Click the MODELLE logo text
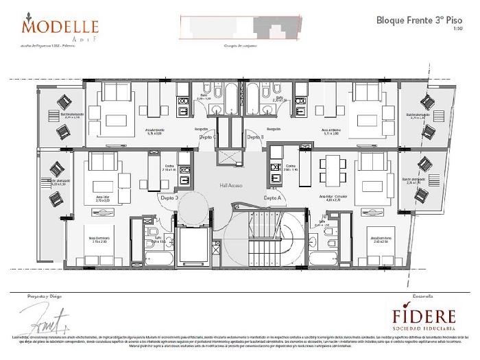pos(60,27)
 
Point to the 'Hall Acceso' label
pos(230,185)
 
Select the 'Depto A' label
pos(273,197)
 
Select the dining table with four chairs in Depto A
pos(333,169)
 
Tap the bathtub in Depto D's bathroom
pos(157,260)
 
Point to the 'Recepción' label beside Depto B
pos(274,128)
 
